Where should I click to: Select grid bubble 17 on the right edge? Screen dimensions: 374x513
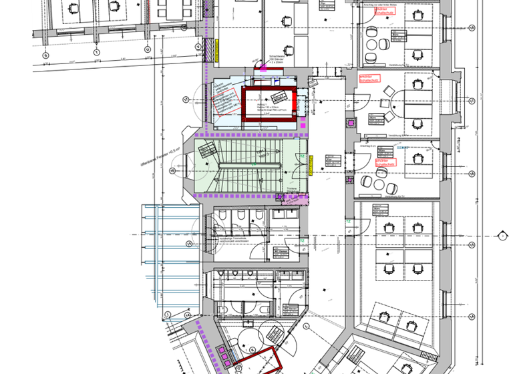[x=472, y=100]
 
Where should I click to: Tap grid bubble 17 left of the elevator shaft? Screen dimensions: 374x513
[x=186, y=100]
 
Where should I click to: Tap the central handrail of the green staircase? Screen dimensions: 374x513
[x=248, y=163]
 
